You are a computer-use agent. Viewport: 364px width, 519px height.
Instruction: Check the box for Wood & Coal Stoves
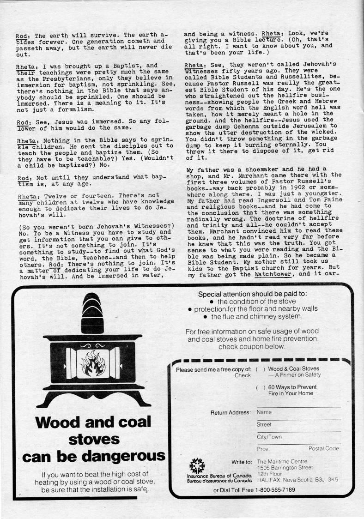click(260, 369)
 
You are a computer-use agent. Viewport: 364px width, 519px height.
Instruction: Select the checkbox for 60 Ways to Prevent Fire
click(260, 387)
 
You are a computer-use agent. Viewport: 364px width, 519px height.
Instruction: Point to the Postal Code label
click(323, 448)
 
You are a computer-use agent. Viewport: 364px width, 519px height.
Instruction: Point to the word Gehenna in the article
click(250, 126)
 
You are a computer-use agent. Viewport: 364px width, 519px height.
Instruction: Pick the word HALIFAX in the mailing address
click(270, 479)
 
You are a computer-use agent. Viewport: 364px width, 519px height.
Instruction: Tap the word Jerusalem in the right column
click(308, 126)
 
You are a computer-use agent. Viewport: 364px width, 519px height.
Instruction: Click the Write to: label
click(242, 462)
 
